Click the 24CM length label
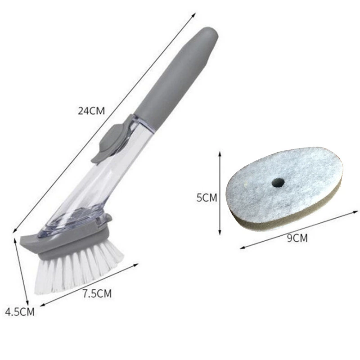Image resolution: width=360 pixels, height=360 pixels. click(x=91, y=111)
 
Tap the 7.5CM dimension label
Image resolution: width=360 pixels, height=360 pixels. click(x=97, y=294)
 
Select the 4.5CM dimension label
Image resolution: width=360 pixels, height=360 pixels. click(x=20, y=312)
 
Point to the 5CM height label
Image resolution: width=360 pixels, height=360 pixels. click(x=207, y=198)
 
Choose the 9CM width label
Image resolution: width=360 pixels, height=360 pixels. click(x=297, y=238)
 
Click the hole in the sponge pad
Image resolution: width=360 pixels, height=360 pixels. click(x=278, y=183)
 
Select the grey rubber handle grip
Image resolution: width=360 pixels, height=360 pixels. click(x=175, y=76)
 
